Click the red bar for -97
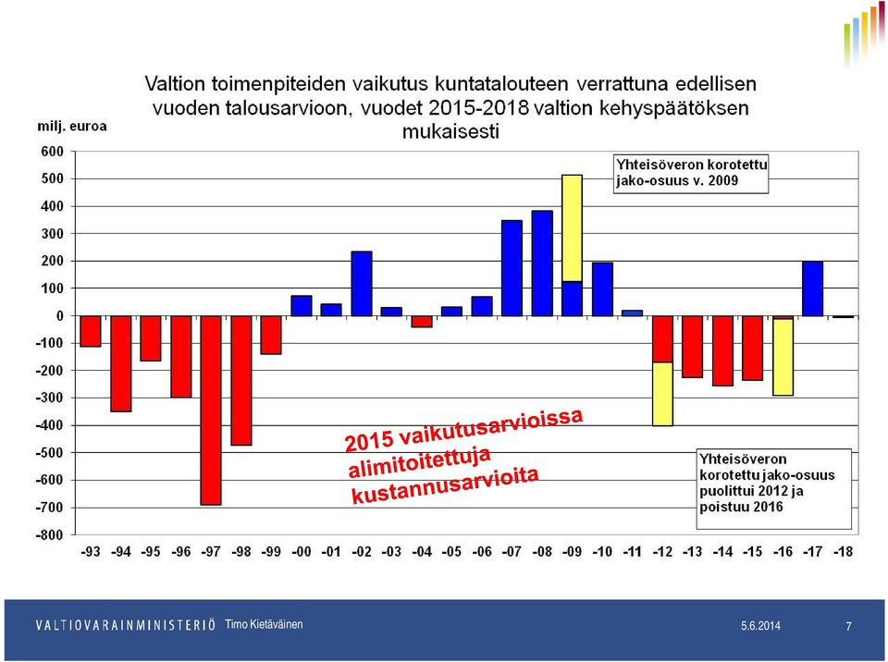click(211, 410)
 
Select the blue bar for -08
click(542, 264)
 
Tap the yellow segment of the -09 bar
click(572, 228)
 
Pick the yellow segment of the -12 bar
click(662, 394)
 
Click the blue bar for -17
click(813, 288)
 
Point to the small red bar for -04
click(422, 321)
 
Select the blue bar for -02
click(362, 284)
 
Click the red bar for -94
click(120, 363)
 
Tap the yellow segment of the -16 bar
click(783, 357)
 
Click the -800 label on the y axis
click(50, 534)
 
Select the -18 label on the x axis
click(843, 551)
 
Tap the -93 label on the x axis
click(91, 551)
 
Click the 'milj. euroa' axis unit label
click(72, 127)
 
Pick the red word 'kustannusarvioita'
click(445, 486)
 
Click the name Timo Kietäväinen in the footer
click(264, 624)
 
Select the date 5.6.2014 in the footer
click(760, 626)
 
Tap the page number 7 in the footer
click(848, 626)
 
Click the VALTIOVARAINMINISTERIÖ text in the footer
click(126, 625)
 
